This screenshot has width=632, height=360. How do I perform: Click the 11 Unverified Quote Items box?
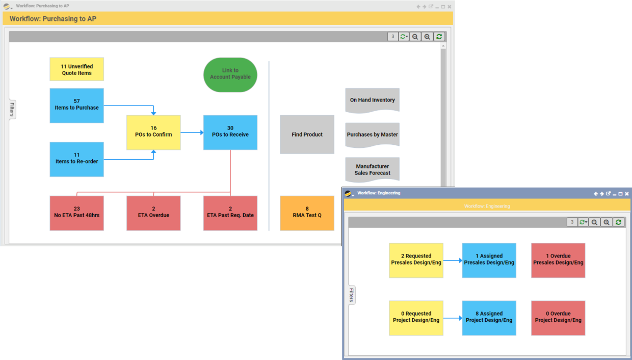pyautogui.click(x=76, y=69)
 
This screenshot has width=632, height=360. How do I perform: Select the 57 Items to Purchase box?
pyautogui.click(x=76, y=105)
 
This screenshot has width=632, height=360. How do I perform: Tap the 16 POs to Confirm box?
pyautogui.click(x=153, y=132)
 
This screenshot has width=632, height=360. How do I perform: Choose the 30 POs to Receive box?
pyautogui.click(x=230, y=132)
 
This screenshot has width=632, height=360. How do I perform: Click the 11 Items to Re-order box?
pyautogui.click(x=76, y=159)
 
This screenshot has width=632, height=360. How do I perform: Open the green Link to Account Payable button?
pyautogui.click(x=230, y=74)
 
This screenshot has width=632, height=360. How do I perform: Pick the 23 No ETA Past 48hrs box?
pyautogui.click(x=76, y=213)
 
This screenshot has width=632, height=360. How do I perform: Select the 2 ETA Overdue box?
pyautogui.click(x=153, y=213)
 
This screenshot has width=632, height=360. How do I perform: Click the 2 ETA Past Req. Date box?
pyautogui.click(x=230, y=213)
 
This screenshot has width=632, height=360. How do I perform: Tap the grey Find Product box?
pyautogui.click(x=307, y=134)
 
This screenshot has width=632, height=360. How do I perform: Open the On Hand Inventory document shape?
pyautogui.click(x=372, y=99)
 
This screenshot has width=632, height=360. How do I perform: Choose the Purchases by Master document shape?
pyautogui.click(x=372, y=135)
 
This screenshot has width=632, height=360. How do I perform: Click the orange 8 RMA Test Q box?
pyautogui.click(x=307, y=213)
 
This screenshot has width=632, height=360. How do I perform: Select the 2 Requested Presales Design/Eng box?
pyautogui.click(x=416, y=260)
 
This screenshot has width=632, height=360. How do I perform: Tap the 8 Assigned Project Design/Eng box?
pyautogui.click(x=489, y=318)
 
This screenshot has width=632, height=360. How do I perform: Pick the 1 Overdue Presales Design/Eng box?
pyautogui.click(x=558, y=260)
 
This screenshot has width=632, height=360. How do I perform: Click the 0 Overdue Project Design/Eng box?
pyautogui.click(x=558, y=318)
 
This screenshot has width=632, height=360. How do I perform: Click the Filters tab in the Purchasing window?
pyautogui.click(x=12, y=110)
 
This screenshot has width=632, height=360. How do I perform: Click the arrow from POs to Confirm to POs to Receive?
pyautogui.click(x=192, y=133)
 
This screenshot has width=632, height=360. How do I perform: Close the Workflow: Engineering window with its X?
pyautogui.click(x=627, y=194)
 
